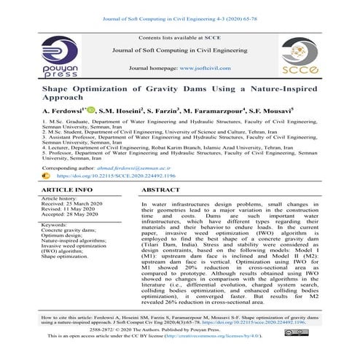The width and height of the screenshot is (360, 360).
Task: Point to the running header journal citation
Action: [x=179, y=8]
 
